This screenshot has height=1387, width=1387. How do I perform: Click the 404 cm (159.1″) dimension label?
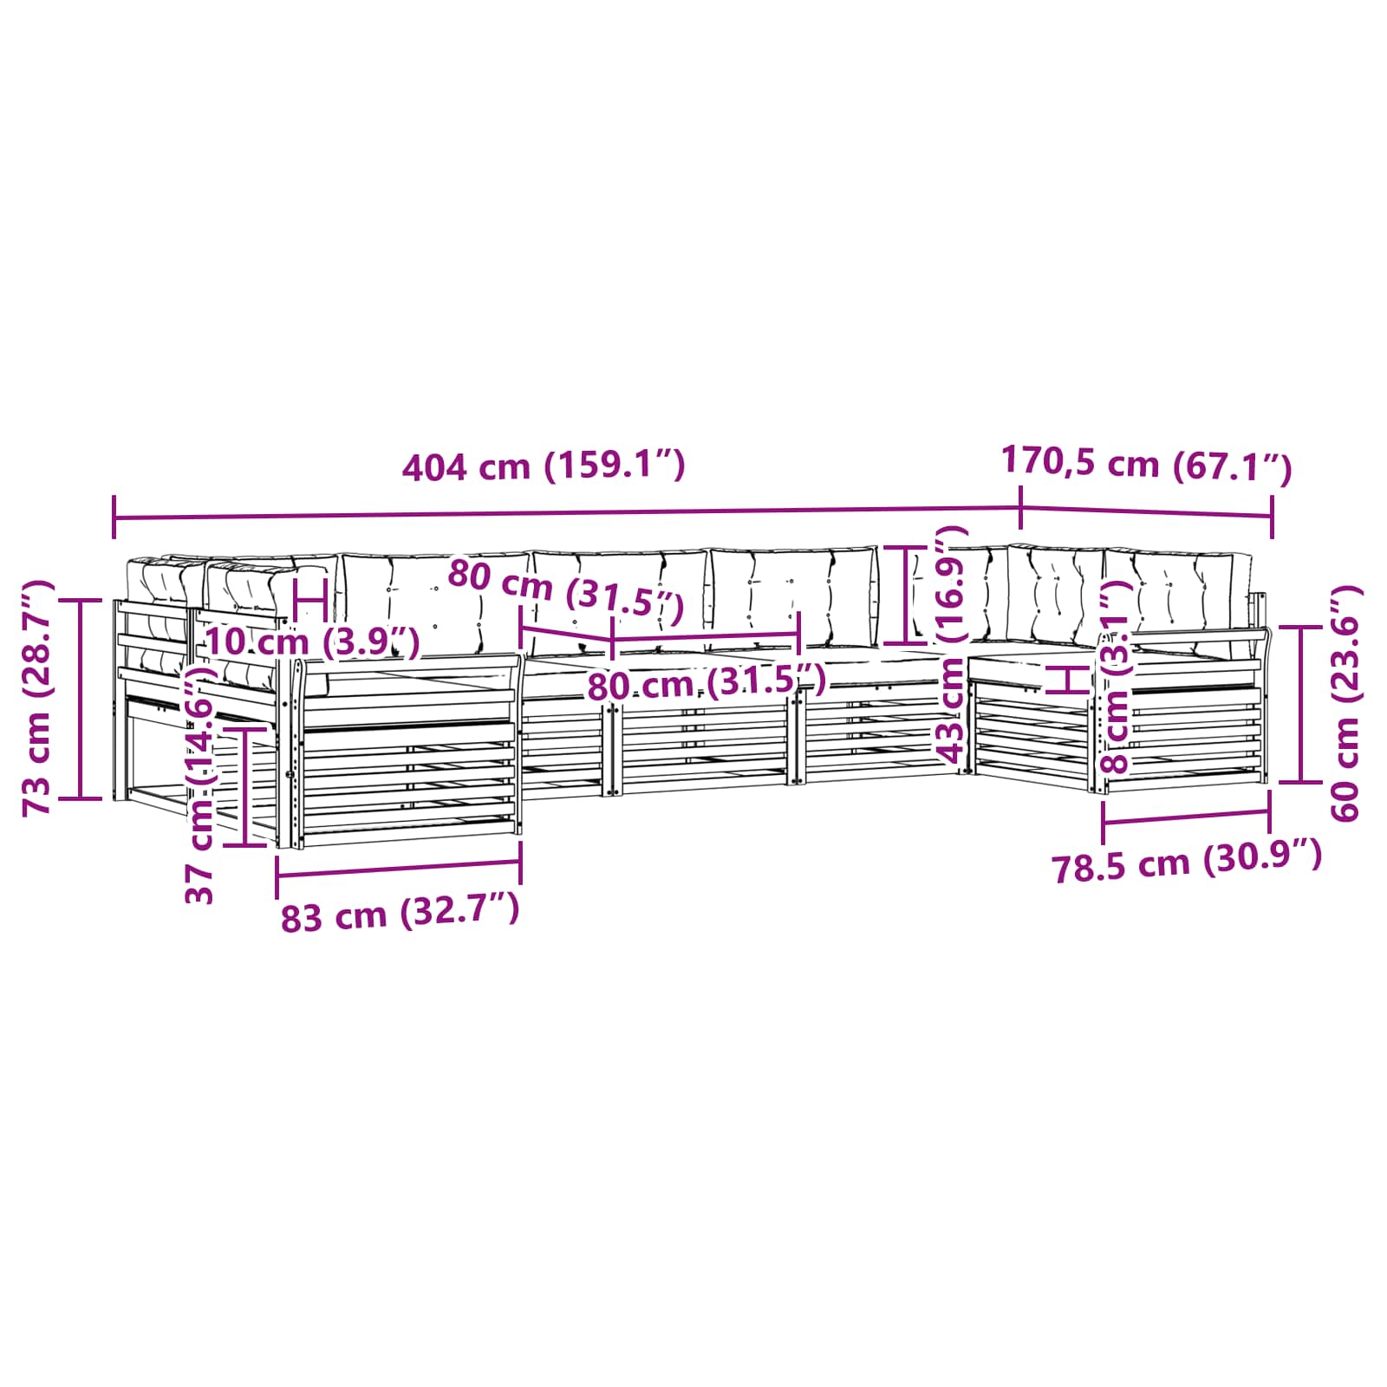tap(544, 466)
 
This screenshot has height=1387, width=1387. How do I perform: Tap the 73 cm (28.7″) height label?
tap(38, 698)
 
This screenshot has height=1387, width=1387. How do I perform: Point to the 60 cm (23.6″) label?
tap(1345, 703)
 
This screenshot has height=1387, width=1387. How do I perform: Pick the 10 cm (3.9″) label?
tap(312, 642)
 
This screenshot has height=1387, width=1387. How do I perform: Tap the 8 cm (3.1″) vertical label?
tap(1116, 676)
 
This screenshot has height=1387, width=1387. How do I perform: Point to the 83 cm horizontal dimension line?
tap(399, 869)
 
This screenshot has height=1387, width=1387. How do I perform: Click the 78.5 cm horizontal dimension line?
tap(1186, 817)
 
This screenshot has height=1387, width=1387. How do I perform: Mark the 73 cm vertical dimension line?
tap(81, 699)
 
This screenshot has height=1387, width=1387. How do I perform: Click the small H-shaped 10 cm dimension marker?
tap(309, 598)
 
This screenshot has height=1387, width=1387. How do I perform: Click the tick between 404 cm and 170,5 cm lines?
tap(1020, 508)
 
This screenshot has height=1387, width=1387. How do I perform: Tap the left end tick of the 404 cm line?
tap(114, 518)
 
